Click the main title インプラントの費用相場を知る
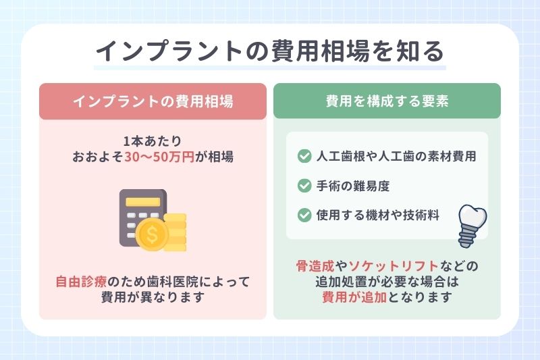pyautogui.click(x=269, y=51)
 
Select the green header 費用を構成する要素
pyautogui.click(x=387, y=101)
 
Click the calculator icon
pyautogui.click(x=143, y=216)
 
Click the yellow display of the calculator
pyautogui.click(x=142, y=201)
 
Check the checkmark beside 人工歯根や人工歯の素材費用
pyautogui.click(x=304, y=157)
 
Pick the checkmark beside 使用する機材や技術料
pyautogui.click(x=304, y=215)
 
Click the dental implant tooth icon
pyautogui.click(x=469, y=222)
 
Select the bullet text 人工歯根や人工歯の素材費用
pyautogui.click(x=397, y=157)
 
